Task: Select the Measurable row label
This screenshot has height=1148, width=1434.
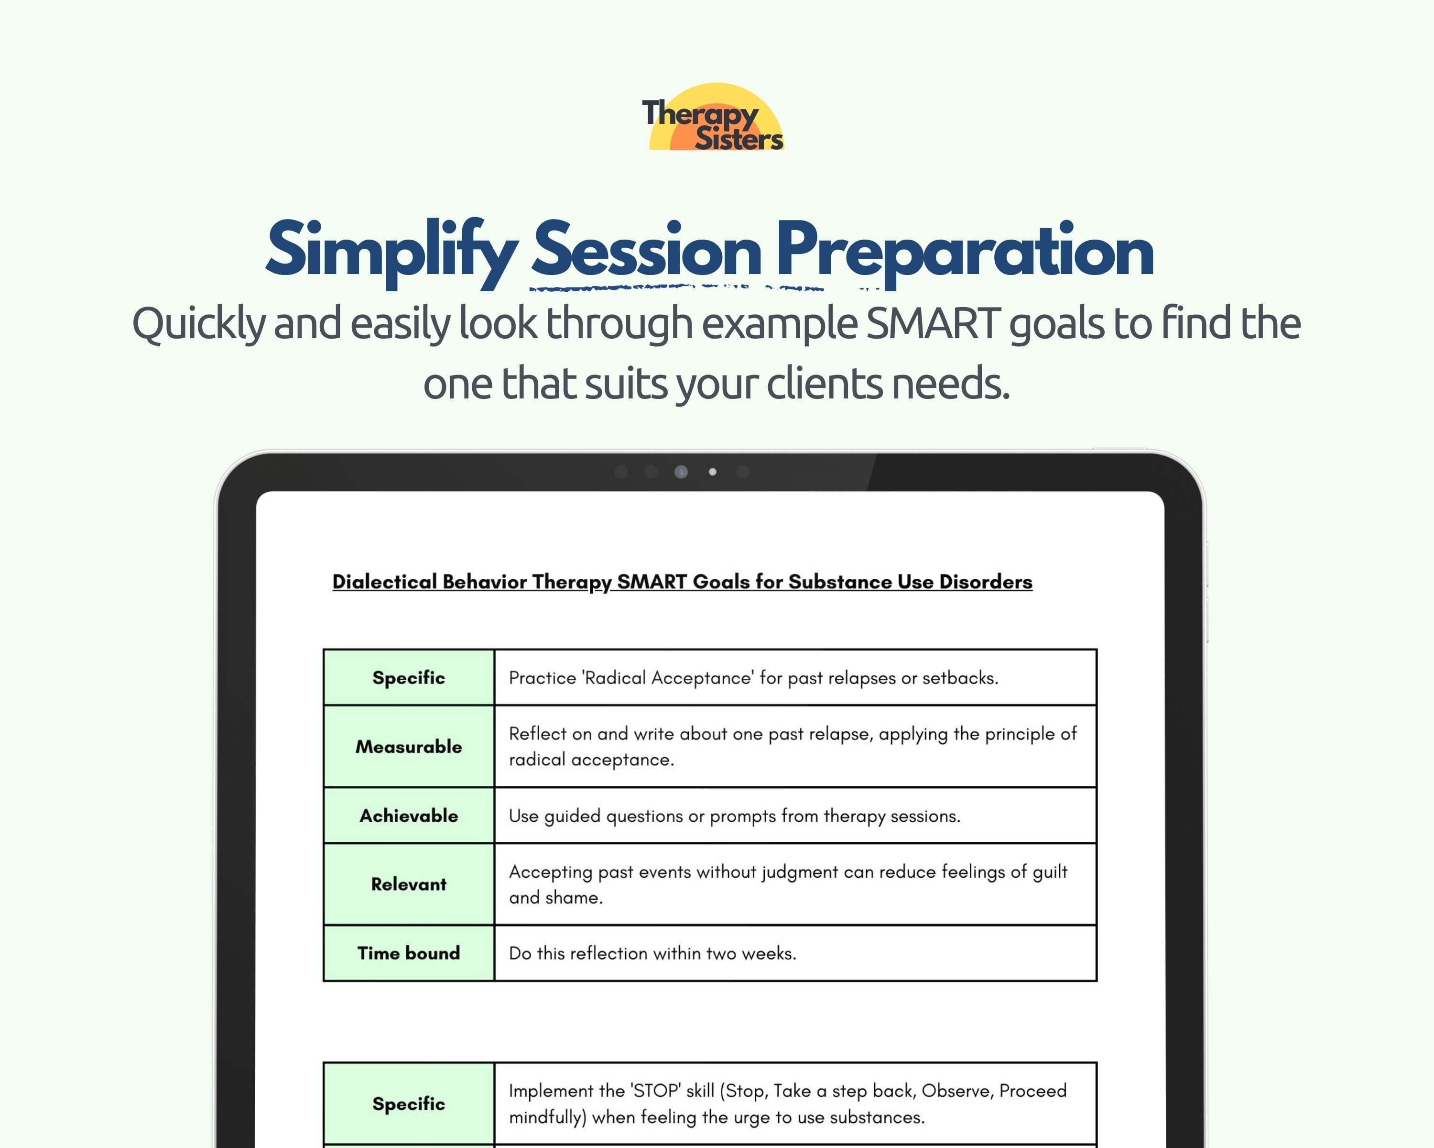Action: click(408, 747)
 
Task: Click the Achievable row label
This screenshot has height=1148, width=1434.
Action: click(408, 816)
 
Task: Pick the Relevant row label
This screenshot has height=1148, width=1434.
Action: click(408, 884)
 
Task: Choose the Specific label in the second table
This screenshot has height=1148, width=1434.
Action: click(408, 1104)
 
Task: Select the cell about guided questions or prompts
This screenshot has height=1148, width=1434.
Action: click(734, 816)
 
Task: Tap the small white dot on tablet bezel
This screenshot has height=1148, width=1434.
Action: click(712, 472)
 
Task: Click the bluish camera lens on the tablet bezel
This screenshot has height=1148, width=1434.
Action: click(680, 472)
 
